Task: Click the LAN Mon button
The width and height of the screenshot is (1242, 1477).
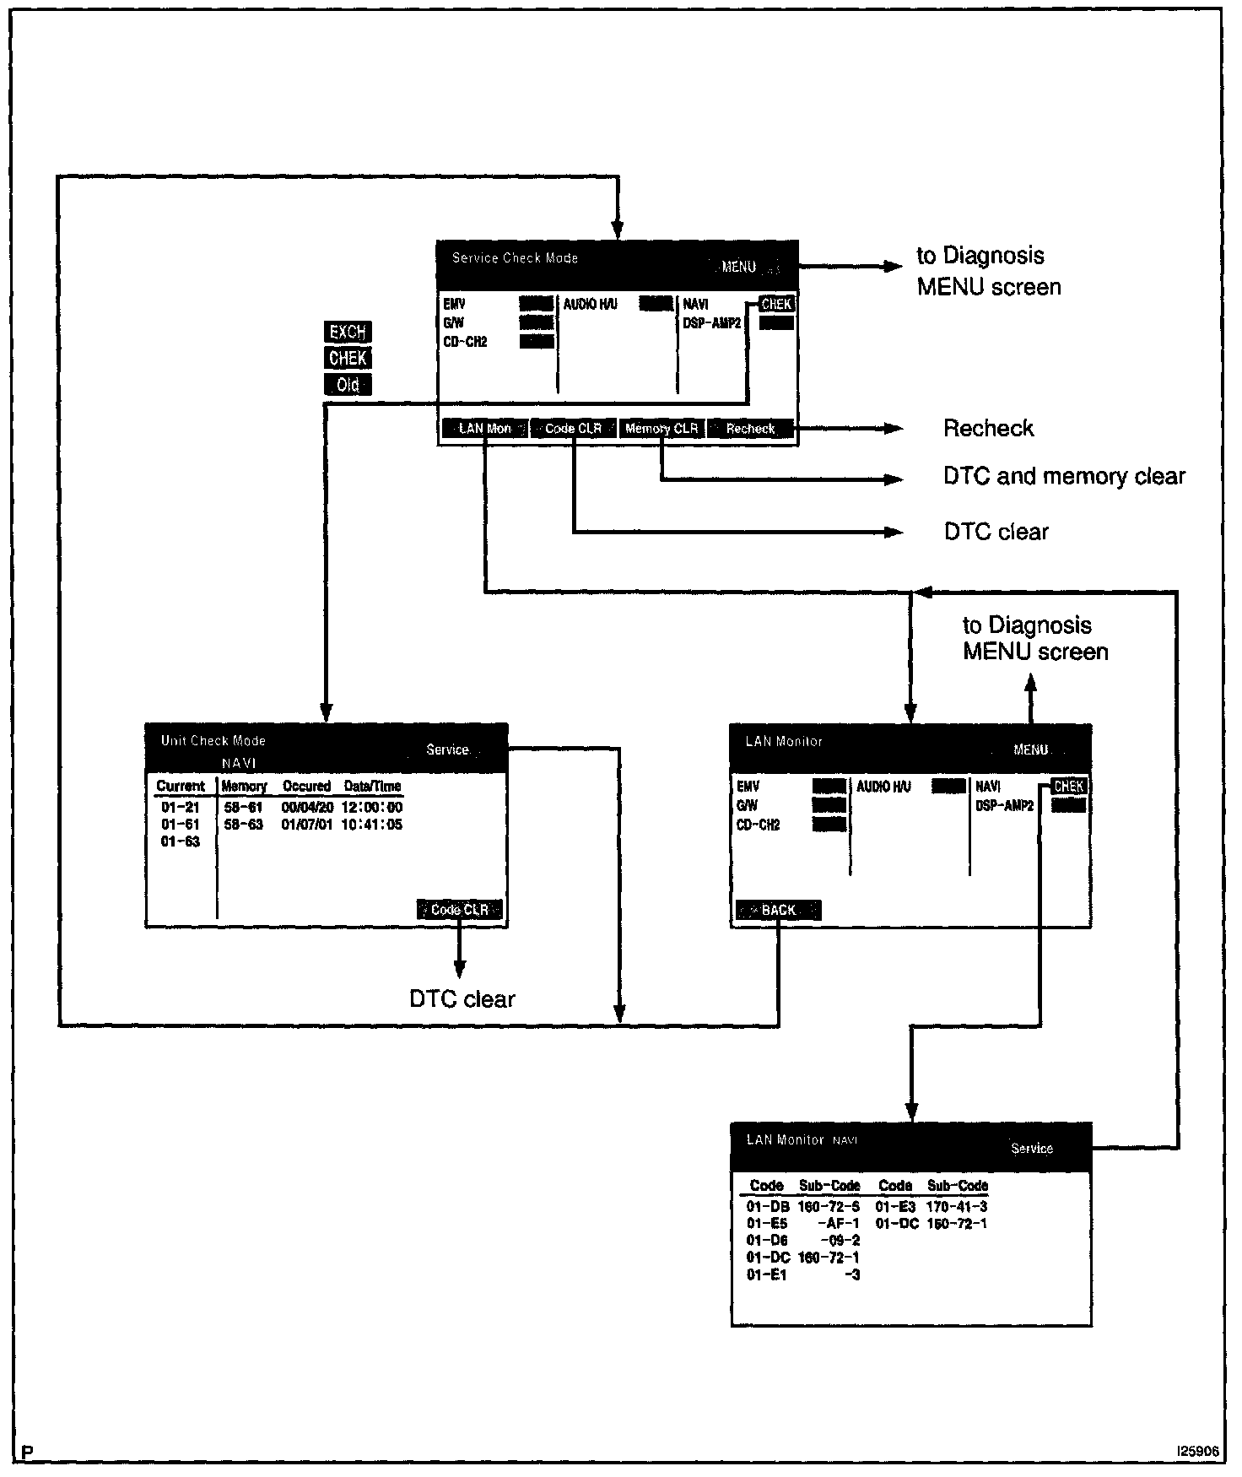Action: tap(485, 428)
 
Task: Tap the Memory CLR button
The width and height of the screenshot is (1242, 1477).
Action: tap(661, 428)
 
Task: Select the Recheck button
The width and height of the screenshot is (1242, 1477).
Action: tap(750, 428)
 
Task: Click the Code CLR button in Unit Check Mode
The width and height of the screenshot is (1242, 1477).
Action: tap(460, 910)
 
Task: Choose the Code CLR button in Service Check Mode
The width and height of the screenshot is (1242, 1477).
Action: tap(573, 428)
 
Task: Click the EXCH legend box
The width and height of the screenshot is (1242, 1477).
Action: tap(348, 332)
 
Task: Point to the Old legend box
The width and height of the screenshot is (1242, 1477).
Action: tap(348, 385)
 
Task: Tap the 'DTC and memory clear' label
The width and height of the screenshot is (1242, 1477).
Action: tap(1064, 477)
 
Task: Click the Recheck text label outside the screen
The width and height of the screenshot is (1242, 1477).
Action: tap(988, 429)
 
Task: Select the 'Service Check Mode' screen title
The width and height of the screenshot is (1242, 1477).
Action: tap(515, 258)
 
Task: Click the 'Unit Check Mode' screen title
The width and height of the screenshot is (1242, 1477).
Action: tap(213, 741)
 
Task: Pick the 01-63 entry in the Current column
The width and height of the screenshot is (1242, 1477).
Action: tap(181, 841)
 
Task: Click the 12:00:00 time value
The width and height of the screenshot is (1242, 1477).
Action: tap(372, 807)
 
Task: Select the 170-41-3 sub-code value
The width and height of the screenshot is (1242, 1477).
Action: tap(957, 1207)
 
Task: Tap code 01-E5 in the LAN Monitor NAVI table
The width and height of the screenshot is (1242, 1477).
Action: tap(767, 1223)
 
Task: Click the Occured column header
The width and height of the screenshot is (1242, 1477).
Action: tap(306, 786)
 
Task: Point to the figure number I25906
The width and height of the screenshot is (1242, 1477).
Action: tap(1197, 1451)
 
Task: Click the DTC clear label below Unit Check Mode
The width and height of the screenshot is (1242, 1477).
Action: tap(462, 999)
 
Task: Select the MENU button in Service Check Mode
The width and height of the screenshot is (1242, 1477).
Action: tap(739, 267)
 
